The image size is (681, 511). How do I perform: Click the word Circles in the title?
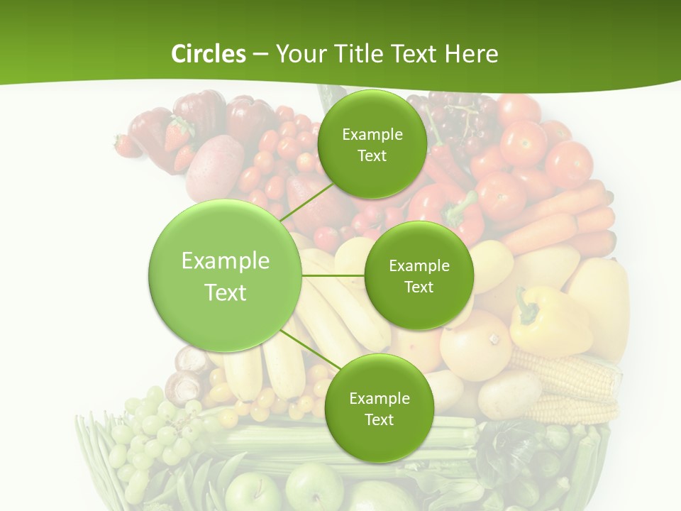click(x=208, y=54)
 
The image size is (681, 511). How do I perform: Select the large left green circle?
click(x=225, y=275)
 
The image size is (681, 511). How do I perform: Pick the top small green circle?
click(x=372, y=144)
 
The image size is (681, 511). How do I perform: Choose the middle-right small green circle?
click(x=419, y=275)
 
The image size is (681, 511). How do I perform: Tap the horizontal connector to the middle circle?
click(x=333, y=275)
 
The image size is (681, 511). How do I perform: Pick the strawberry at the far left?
click(x=126, y=146)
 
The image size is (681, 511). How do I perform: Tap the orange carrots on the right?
click(x=560, y=213)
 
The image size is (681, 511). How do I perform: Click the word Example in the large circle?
click(x=225, y=261)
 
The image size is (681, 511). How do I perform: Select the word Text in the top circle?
click(x=372, y=156)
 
